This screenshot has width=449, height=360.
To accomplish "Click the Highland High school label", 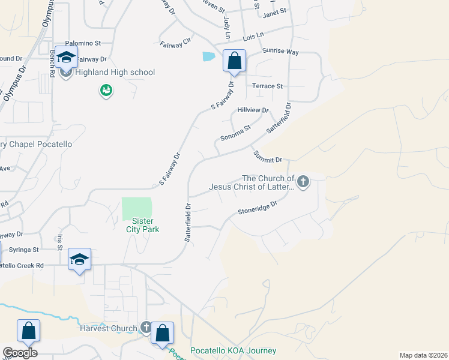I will click(114, 73).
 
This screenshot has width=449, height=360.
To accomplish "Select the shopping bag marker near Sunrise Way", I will click(234, 61).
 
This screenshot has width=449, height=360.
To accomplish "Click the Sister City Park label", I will click(139, 225).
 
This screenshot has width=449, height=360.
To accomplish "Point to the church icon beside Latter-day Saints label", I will click(303, 181).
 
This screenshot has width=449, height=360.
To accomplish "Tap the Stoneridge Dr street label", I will click(257, 208).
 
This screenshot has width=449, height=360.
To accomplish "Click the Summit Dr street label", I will click(267, 157).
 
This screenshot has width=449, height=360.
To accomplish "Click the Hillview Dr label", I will click(253, 110).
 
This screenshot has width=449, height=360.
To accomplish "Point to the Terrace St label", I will click(267, 86).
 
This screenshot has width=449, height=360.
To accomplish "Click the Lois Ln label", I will click(253, 37).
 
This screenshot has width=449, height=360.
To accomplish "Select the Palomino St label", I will click(83, 43).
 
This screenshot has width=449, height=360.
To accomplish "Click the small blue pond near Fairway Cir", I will click(208, 57).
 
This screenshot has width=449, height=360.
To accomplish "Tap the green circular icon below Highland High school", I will click(106, 91).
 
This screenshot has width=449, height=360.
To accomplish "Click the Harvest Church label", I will click(109, 328).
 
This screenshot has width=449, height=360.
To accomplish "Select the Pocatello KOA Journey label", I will click(233, 351).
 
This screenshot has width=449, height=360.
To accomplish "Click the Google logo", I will click(20, 353).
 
